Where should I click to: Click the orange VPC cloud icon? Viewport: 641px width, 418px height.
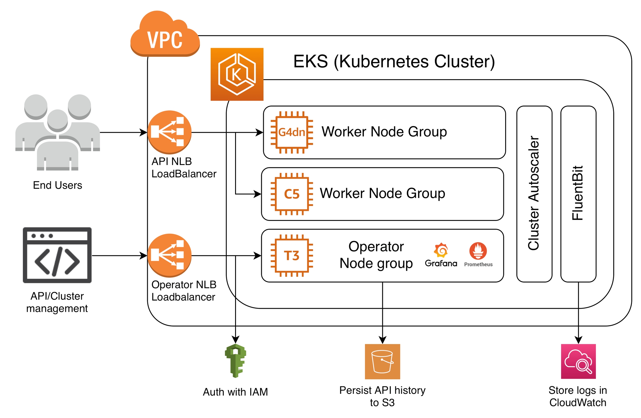click(165, 35)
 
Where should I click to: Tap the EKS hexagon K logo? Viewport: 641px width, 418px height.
click(237, 74)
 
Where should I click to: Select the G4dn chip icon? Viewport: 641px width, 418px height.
click(292, 132)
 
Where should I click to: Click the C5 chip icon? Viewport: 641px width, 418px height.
click(292, 194)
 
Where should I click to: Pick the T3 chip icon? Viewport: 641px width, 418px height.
click(292, 256)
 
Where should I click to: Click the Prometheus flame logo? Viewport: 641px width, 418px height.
click(478, 251)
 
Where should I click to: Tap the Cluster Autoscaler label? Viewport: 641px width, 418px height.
click(534, 193)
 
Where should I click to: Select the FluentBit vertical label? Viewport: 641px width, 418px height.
click(578, 193)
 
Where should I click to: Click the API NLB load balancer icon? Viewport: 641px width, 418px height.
click(169, 132)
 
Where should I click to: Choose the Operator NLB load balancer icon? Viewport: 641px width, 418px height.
click(169, 255)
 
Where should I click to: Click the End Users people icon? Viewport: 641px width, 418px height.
click(58, 132)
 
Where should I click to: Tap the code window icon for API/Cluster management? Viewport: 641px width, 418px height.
click(57, 255)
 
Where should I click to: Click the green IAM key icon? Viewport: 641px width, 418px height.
click(235, 361)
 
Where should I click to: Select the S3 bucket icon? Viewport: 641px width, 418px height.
click(382, 361)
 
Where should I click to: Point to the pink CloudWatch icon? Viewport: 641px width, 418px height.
click(578, 361)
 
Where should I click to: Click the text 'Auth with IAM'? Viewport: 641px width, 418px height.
click(235, 392)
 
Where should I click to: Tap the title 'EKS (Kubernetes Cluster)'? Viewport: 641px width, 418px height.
click(394, 61)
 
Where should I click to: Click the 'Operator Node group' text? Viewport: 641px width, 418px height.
click(376, 255)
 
